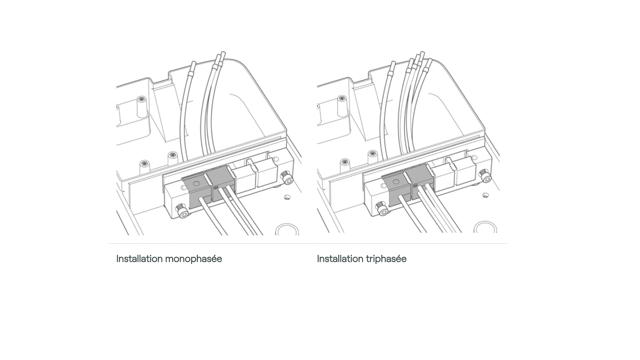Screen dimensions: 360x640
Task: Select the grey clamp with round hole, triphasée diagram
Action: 396,188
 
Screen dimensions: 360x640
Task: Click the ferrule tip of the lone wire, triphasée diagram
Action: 393,65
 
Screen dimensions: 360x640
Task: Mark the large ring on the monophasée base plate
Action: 286,230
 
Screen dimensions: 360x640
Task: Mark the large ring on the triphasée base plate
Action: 485,227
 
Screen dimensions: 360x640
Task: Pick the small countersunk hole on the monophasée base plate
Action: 287,197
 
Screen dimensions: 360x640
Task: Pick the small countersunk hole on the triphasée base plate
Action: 486,196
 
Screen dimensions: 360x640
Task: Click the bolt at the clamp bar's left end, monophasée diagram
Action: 183,212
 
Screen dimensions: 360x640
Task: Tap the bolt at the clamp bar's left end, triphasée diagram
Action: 382,209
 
